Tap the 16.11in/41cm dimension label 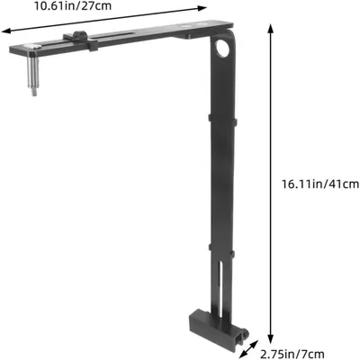(319, 184)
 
